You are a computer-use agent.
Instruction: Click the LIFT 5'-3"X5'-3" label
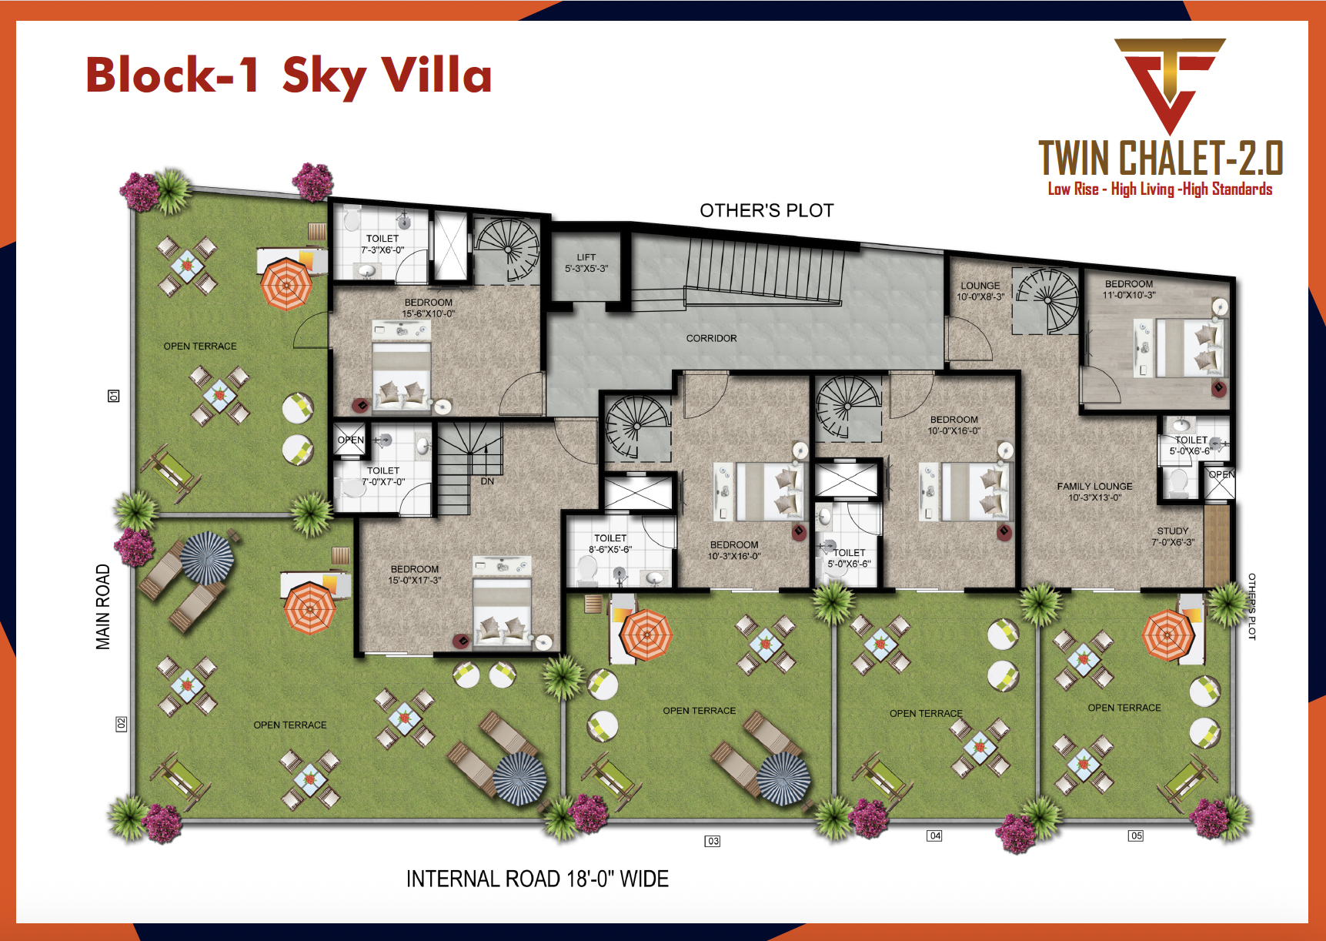[x=586, y=263]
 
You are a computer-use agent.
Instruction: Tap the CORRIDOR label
[x=711, y=338]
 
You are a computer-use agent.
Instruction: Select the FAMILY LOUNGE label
[x=1094, y=491]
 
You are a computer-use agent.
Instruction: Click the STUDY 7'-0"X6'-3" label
[x=1173, y=537]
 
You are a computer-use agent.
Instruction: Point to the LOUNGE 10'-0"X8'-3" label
[x=980, y=291]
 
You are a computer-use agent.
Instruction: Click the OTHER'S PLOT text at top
[x=767, y=211]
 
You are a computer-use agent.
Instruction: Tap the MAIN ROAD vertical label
[x=103, y=607]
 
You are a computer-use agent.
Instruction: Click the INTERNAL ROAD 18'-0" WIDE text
[x=537, y=879]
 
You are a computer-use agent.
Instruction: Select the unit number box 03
[x=713, y=841]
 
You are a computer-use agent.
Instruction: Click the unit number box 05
[x=1136, y=836]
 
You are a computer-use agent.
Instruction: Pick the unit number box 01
[x=113, y=396]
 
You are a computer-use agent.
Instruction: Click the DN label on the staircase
[x=487, y=481]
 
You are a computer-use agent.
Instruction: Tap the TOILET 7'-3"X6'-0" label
[x=382, y=244]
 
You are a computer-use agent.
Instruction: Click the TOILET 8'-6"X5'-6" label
[x=610, y=544]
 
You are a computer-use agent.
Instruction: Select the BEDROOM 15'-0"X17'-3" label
[x=414, y=574]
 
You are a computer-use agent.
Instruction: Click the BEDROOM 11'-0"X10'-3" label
[x=1129, y=290]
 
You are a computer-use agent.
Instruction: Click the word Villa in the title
[x=436, y=75]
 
